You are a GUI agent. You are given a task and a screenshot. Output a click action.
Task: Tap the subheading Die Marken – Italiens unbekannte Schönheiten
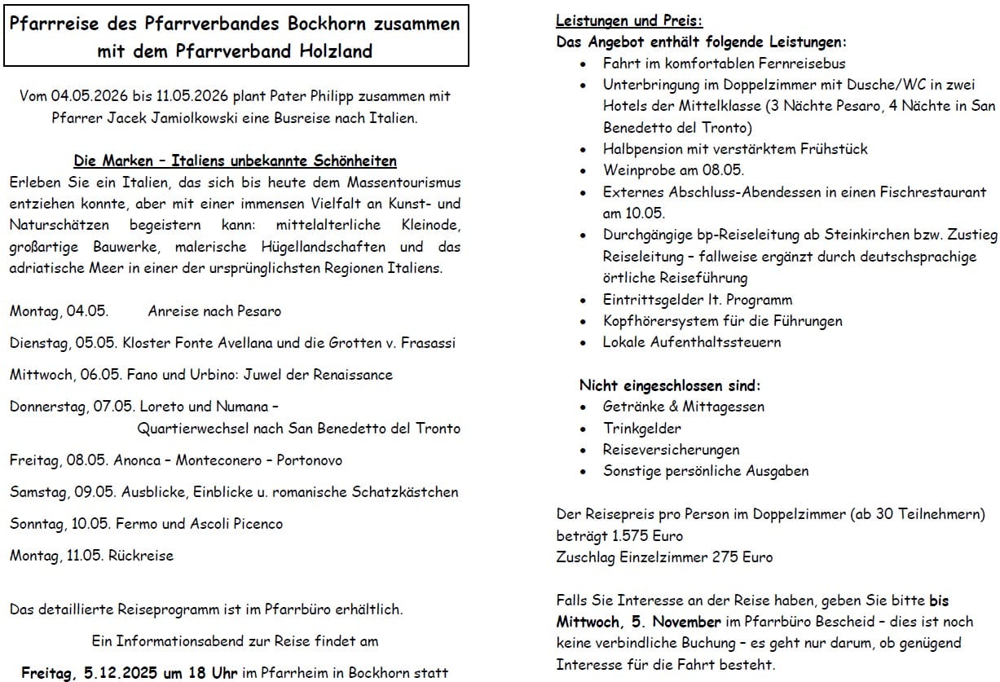pyautogui.click(x=235, y=161)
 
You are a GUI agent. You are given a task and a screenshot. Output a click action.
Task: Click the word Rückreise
pyautogui.click(x=141, y=556)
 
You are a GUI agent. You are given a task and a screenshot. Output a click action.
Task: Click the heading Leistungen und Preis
pyautogui.click(x=628, y=20)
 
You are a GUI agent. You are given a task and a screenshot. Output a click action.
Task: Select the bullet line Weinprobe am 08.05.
pyautogui.click(x=673, y=170)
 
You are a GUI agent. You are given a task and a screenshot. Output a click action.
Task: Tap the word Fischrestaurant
pyautogui.click(x=927, y=192)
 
